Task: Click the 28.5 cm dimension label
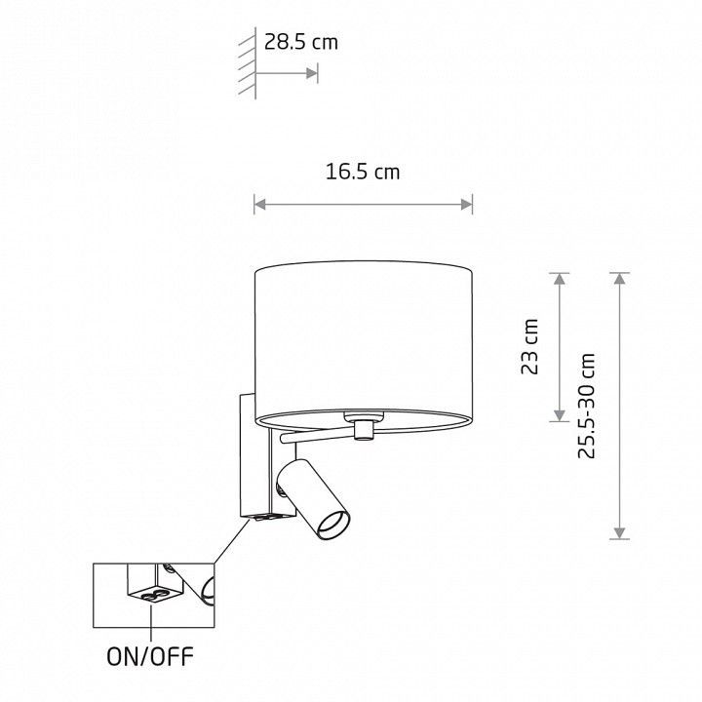[x=301, y=43]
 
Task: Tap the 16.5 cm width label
[x=363, y=172]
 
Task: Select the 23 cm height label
[x=530, y=346]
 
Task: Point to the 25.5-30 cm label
[x=587, y=406]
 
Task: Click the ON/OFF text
[x=150, y=657]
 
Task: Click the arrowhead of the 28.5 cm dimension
[x=312, y=73]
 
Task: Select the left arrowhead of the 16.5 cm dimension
[x=260, y=205]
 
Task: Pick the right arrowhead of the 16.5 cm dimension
[x=466, y=205]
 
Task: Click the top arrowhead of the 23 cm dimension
[x=560, y=279]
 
